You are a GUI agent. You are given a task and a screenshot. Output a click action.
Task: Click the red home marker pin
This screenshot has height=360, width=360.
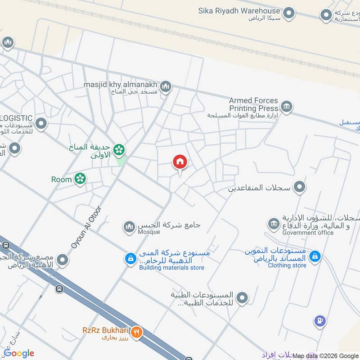pyautogui.click(x=180, y=162)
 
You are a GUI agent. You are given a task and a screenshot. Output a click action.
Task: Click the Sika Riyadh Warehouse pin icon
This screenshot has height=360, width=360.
pyautogui.click(x=289, y=13)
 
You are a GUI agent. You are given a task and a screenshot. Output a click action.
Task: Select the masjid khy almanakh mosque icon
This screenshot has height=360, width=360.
pyautogui.click(x=166, y=86)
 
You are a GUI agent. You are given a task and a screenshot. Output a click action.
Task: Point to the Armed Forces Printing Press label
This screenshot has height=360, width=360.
pyautogui.click(x=253, y=104)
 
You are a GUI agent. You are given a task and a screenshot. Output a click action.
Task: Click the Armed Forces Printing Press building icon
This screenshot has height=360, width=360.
pyautogui.click(x=286, y=107)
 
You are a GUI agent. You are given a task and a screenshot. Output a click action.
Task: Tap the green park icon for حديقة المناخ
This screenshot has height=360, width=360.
pyautogui.click(x=119, y=149)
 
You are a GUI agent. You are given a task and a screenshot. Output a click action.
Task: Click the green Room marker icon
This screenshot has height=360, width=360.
pyautogui.click(x=80, y=179)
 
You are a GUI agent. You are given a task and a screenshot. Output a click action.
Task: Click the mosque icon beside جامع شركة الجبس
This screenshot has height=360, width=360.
pyautogui.click(x=130, y=227)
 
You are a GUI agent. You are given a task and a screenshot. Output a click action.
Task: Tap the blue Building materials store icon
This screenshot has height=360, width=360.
pyautogui.click(x=130, y=259)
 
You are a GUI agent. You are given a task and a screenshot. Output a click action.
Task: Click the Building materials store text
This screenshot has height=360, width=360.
pyautogui.click(x=171, y=268)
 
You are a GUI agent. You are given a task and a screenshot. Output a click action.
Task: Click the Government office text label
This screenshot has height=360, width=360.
pyautogui.click(x=308, y=233)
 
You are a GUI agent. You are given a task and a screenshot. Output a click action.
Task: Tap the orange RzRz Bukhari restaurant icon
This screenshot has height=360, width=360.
pyautogui.click(x=138, y=332)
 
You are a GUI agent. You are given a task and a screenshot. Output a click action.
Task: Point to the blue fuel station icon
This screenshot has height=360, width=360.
pyautogui.click(x=319, y=321)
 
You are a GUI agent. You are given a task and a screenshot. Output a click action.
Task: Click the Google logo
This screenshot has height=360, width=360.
pyautogui.click(x=19, y=353)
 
